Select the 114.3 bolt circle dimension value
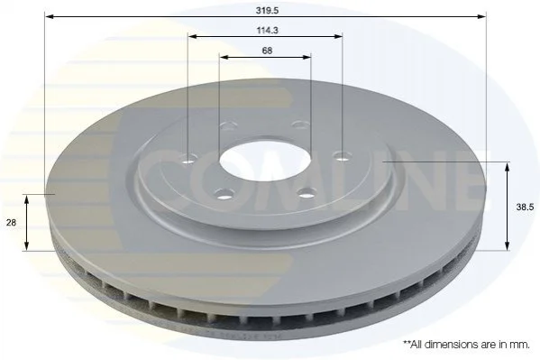coord(267,31)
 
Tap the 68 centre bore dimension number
coord(267,51)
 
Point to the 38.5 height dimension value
coord(525,207)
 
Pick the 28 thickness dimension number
coord(12,223)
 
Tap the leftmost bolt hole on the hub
coord(189,159)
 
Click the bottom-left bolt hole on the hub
coord(224,195)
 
